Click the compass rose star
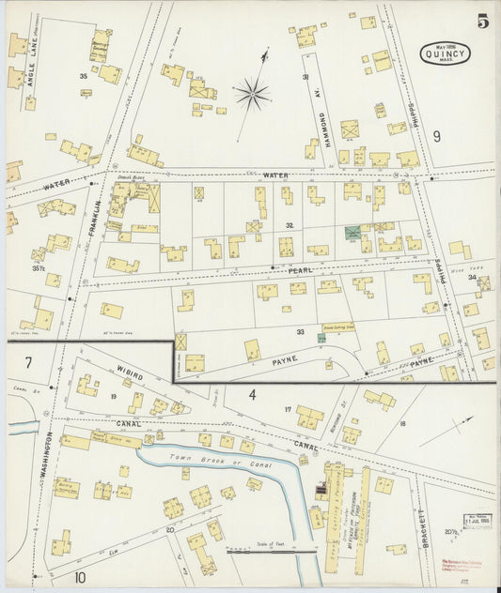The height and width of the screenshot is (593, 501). [252, 92]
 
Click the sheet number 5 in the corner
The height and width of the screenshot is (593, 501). [482, 21]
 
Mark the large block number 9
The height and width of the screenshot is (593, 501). [436, 137]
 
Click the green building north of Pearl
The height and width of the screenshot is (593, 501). [352, 232]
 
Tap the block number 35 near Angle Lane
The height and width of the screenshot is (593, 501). [84, 75]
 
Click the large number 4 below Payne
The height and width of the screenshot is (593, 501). [252, 394]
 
